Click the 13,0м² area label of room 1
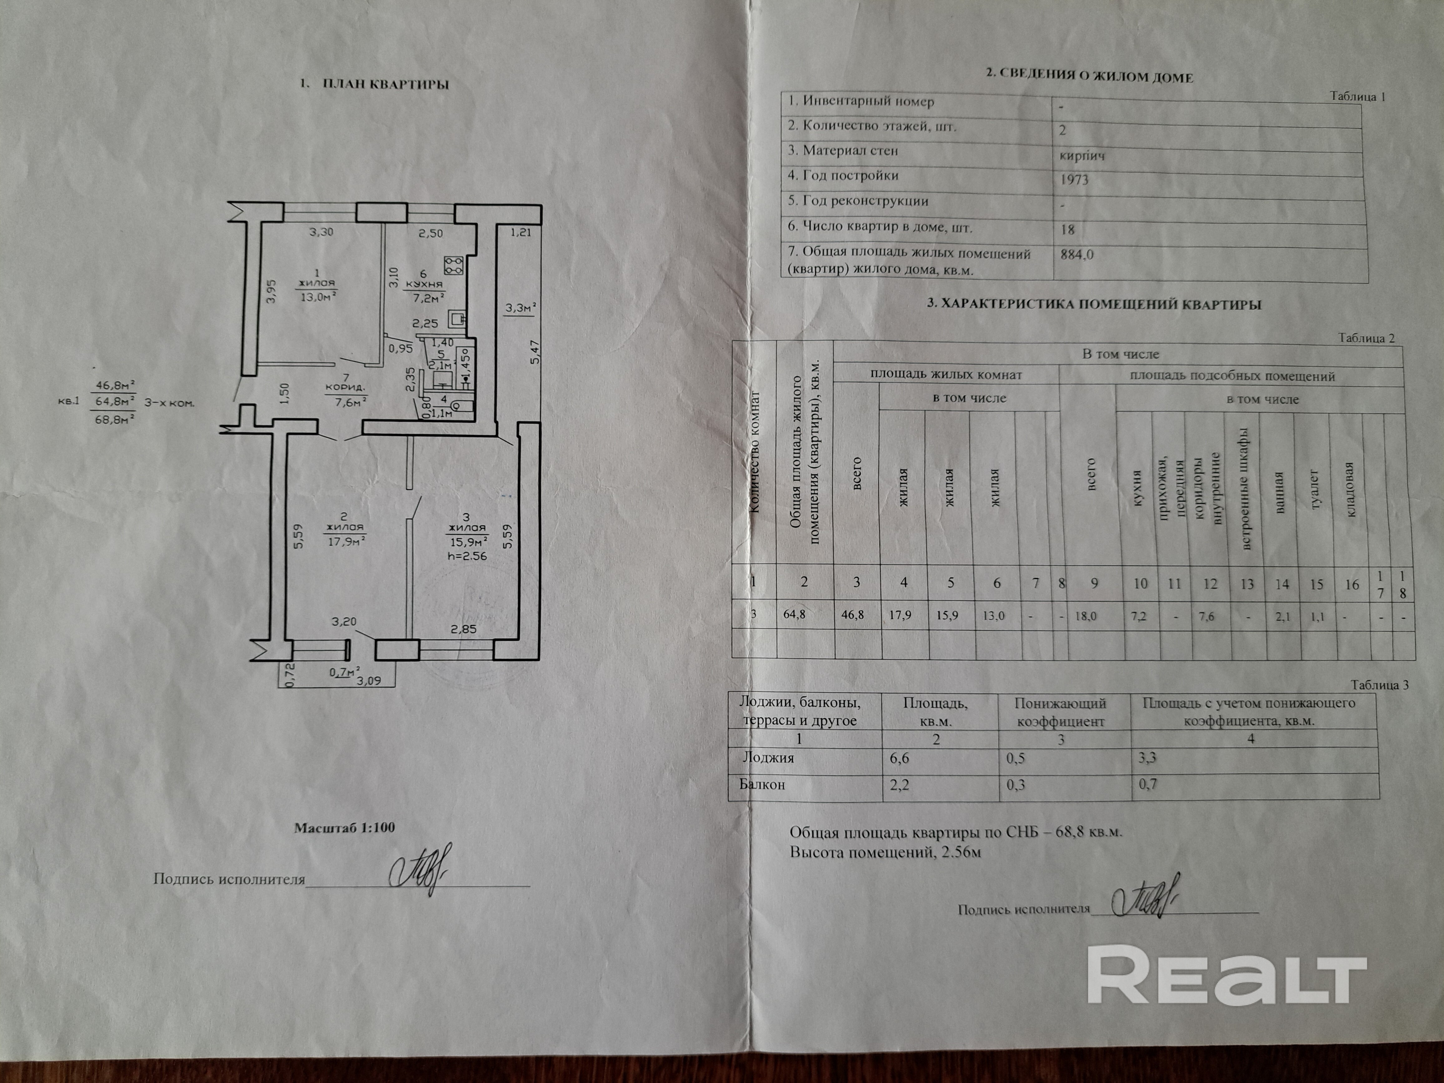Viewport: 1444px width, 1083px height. [x=317, y=296]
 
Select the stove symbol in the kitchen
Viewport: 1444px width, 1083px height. [x=453, y=265]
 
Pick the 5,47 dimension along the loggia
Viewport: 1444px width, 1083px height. [x=535, y=353]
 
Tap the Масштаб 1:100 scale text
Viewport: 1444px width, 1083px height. [x=344, y=828]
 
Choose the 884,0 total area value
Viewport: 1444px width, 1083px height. [x=1077, y=255]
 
